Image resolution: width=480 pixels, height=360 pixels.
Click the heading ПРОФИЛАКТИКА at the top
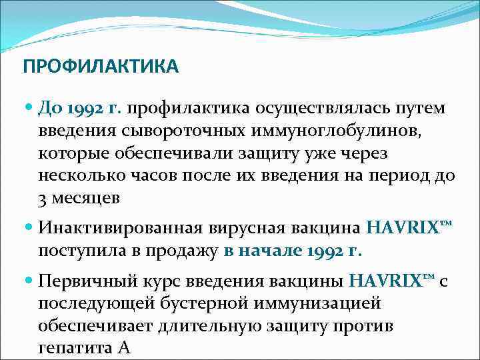(x=100, y=67)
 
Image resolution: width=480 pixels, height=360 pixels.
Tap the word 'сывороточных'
(x=187, y=130)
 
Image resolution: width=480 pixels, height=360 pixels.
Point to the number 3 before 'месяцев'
(x=42, y=199)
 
